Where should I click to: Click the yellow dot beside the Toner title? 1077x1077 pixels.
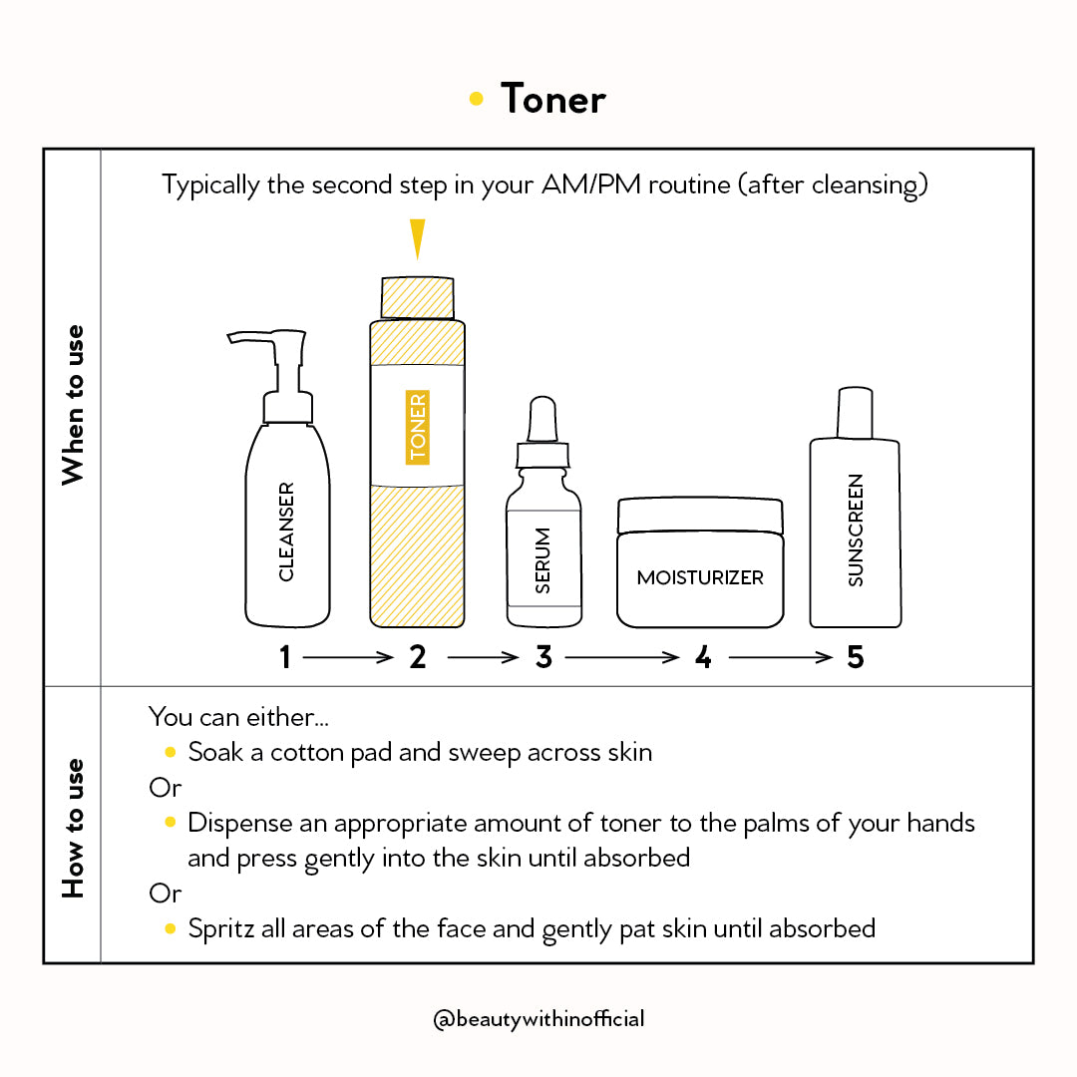coord(477,99)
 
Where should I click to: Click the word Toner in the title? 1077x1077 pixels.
coord(553,99)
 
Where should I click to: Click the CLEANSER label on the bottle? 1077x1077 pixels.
coord(286,532)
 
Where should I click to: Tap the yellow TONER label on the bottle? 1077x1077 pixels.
coord(417,427)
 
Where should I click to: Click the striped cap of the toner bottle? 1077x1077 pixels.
coord(417,297)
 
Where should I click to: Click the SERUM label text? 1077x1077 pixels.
coord(543,560)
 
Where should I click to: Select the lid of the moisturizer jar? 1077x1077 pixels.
coord(700,516)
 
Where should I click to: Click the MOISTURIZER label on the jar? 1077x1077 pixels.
coord(700,577)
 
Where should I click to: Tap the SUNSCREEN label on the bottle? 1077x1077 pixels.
coord(855,530)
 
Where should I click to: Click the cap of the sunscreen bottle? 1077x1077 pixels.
coord(855,413)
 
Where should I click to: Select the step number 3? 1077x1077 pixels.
coord(543,657)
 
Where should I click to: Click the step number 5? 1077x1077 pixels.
coord(855,657)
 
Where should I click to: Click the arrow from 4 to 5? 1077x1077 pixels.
coord(780,657)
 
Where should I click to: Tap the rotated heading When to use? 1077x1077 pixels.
coord(72,405)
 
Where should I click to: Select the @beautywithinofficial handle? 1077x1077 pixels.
coord(538,1018)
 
